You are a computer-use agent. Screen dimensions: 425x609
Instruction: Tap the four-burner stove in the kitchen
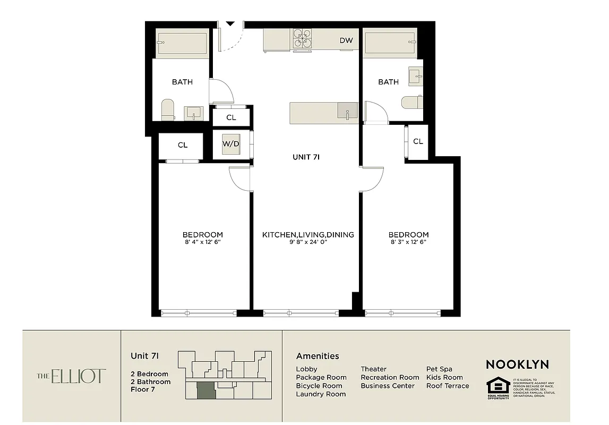301,39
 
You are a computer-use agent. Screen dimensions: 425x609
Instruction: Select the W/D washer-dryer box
230,144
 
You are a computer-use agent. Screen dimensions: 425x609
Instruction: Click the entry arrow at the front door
230,24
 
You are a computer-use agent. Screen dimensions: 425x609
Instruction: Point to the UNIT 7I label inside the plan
306,157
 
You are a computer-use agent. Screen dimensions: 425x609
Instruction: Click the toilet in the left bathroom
168,109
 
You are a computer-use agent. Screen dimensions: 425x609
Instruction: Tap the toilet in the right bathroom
411,102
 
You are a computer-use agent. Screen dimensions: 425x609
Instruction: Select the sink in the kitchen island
347,112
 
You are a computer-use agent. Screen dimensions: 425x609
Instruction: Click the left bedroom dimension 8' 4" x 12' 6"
202,242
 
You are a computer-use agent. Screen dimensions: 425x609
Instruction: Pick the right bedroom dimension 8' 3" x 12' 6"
408,242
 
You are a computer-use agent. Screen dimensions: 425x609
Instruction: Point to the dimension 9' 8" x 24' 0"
308,242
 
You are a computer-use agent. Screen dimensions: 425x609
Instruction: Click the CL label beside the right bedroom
418,141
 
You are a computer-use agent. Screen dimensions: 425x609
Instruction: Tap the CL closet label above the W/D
231,117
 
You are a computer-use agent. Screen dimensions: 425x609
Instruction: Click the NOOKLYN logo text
517,364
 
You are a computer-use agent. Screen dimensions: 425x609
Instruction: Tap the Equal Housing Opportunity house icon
498,386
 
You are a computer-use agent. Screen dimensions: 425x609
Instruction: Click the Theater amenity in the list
373,369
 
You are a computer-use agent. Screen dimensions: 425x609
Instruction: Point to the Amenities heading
317,356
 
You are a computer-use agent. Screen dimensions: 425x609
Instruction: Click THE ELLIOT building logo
71,376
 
